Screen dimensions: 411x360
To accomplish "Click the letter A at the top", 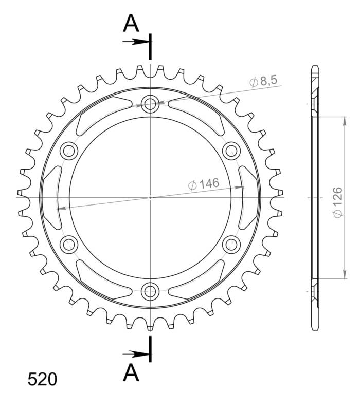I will point(132,23).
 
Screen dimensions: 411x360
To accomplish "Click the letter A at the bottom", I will point(132,372).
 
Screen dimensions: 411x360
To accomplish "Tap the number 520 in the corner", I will point(42,380).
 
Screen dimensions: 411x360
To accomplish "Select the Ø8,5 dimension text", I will point(263,81).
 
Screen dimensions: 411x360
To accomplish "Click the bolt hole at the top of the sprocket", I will point(150,105).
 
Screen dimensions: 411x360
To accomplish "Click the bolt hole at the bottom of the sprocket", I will point(150,291).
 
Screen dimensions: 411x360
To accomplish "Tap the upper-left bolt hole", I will point(69,151).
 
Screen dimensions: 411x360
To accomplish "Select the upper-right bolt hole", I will point(231,151).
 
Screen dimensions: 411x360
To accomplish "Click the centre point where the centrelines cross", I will point(150,197).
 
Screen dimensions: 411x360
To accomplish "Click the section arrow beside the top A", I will point(135,41).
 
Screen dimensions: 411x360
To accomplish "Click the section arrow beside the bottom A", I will point(135,353).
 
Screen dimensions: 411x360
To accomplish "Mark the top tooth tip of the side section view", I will point(315,67).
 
